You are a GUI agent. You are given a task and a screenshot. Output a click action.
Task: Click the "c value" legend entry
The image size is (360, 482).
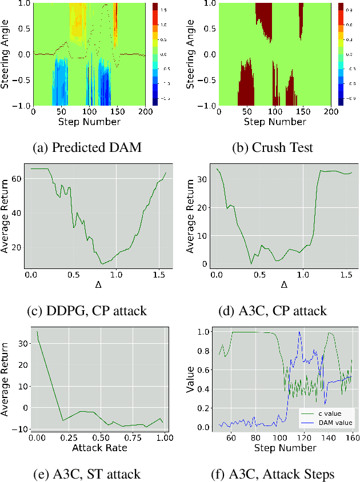[x=327, y=413]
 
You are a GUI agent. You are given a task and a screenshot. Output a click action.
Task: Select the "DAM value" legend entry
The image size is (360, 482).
[x=331, y=422]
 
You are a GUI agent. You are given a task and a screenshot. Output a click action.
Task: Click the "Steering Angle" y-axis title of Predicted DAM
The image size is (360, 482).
[x=6, y=55]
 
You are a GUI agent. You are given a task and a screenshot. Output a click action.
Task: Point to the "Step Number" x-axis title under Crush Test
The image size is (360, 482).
[x=270, y=122]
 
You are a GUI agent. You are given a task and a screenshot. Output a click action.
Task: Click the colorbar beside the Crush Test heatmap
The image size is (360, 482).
[x=341, y=55]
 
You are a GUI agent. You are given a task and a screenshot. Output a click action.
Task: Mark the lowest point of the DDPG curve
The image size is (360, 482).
[x=103, y=264]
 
